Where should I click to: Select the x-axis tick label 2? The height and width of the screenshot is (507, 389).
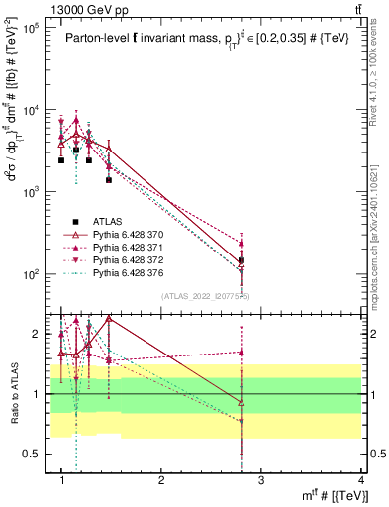(161, 480)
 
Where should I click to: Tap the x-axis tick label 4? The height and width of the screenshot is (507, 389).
(360, 480)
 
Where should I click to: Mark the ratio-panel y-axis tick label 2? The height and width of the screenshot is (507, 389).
(38, 335)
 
